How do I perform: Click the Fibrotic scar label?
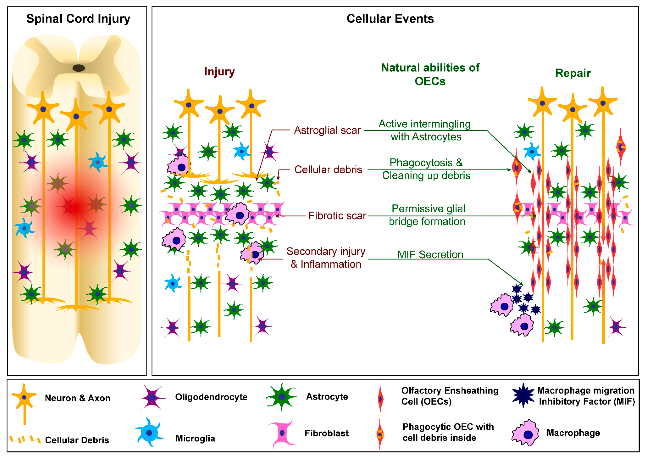pos(337,216)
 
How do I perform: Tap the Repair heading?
pos(573,73)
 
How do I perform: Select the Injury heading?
pos(219,72)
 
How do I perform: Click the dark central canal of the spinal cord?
pos(79,68)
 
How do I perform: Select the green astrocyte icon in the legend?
pos(282,397)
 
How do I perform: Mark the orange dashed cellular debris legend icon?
pos(25,439)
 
